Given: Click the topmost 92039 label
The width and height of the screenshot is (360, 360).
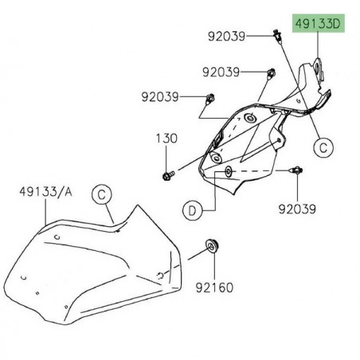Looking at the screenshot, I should pos(229,36).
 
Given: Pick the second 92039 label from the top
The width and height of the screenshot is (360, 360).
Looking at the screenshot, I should pos(221,71).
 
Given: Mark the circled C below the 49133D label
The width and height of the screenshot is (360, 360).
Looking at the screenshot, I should pos(323,147).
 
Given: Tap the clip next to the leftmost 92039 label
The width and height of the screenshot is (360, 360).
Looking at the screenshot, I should pos(209,100).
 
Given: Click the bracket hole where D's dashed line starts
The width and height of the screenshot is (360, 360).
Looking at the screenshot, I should pos(229,171).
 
